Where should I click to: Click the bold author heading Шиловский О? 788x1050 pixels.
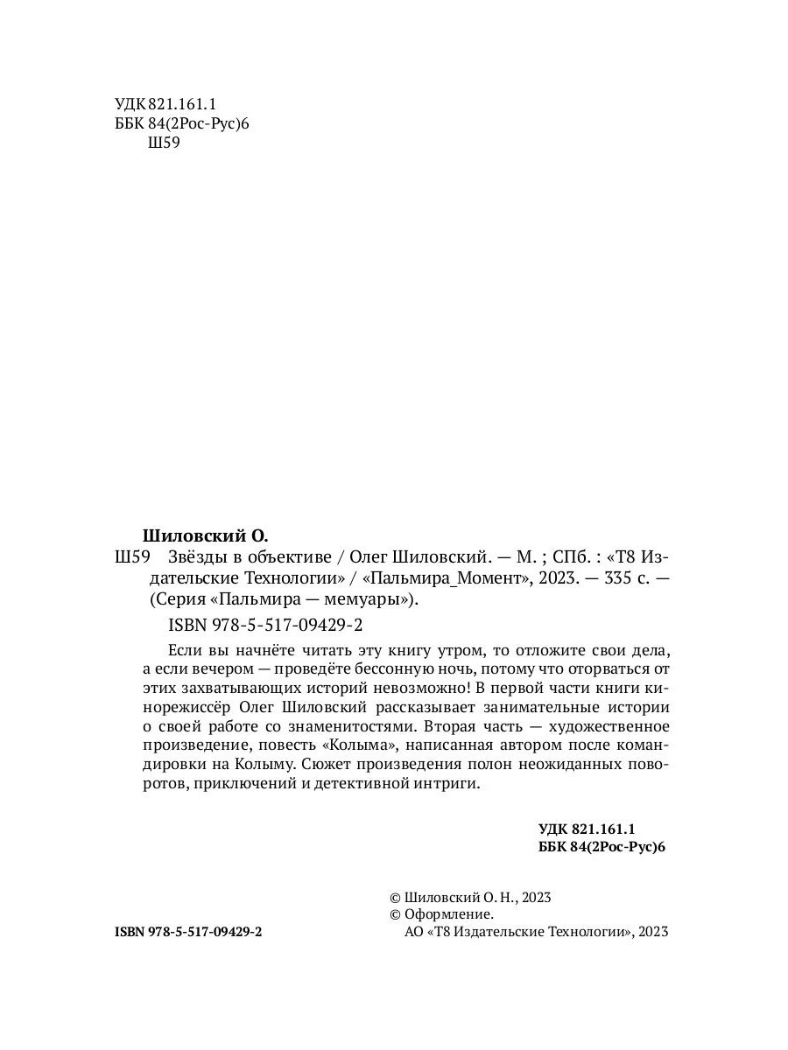point(204,535)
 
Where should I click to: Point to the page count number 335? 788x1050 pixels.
point(609,578)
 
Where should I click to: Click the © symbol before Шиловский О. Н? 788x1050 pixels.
point(394,898)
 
